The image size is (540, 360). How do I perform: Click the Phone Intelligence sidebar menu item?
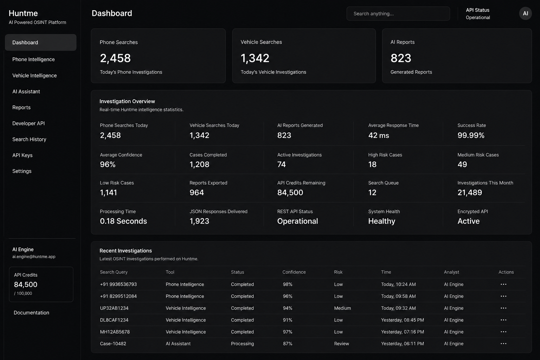(33, 59)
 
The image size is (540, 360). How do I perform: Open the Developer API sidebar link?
(28, 123)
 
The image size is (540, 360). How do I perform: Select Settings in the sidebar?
(22, 171)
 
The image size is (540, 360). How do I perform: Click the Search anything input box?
(398, 13)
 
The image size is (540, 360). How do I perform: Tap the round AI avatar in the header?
(525, 13)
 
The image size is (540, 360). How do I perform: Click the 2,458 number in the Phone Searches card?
(115, 58)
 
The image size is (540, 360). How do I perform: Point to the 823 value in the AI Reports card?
(401, 58)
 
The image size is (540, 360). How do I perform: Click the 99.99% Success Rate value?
(471, 135)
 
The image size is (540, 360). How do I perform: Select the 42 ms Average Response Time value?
(379, 135)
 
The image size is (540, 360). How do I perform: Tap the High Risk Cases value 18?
(372, 164)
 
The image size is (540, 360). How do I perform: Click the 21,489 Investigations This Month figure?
(470, 192)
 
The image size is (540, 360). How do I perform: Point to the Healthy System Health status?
(381, 221)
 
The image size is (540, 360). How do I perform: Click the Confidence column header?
(294, 272)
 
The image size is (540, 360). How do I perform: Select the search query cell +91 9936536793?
(118, 284)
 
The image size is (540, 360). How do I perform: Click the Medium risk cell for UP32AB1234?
(342, 308)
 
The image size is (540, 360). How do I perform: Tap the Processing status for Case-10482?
(242, 343)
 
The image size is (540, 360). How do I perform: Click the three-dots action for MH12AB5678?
(503, 332)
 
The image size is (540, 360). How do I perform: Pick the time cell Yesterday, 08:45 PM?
(402, 320)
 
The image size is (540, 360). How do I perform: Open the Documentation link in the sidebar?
(31, 313)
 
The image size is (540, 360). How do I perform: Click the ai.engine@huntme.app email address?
(34, 257)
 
